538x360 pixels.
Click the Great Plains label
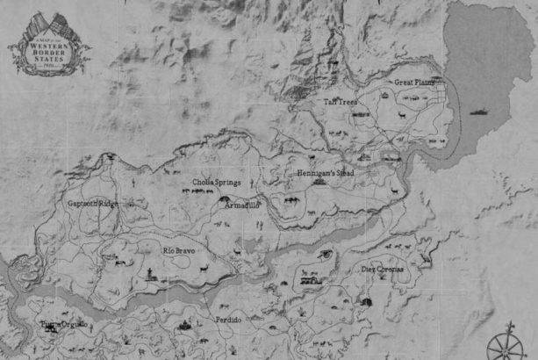click(x=413, y=82)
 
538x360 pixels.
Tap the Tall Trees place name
click(x=341, y=102)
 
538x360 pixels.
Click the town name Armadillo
click(x=242, y=205)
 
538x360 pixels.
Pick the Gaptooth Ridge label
click(x=92, y=203)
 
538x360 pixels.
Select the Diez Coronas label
click(x=384, y=269)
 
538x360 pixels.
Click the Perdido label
click(x=228, y=320)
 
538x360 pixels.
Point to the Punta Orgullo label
click(x=64, y=325)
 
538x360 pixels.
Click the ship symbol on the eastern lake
click(x=479, y=112)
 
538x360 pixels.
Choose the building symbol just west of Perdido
click(x=185, y=326)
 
